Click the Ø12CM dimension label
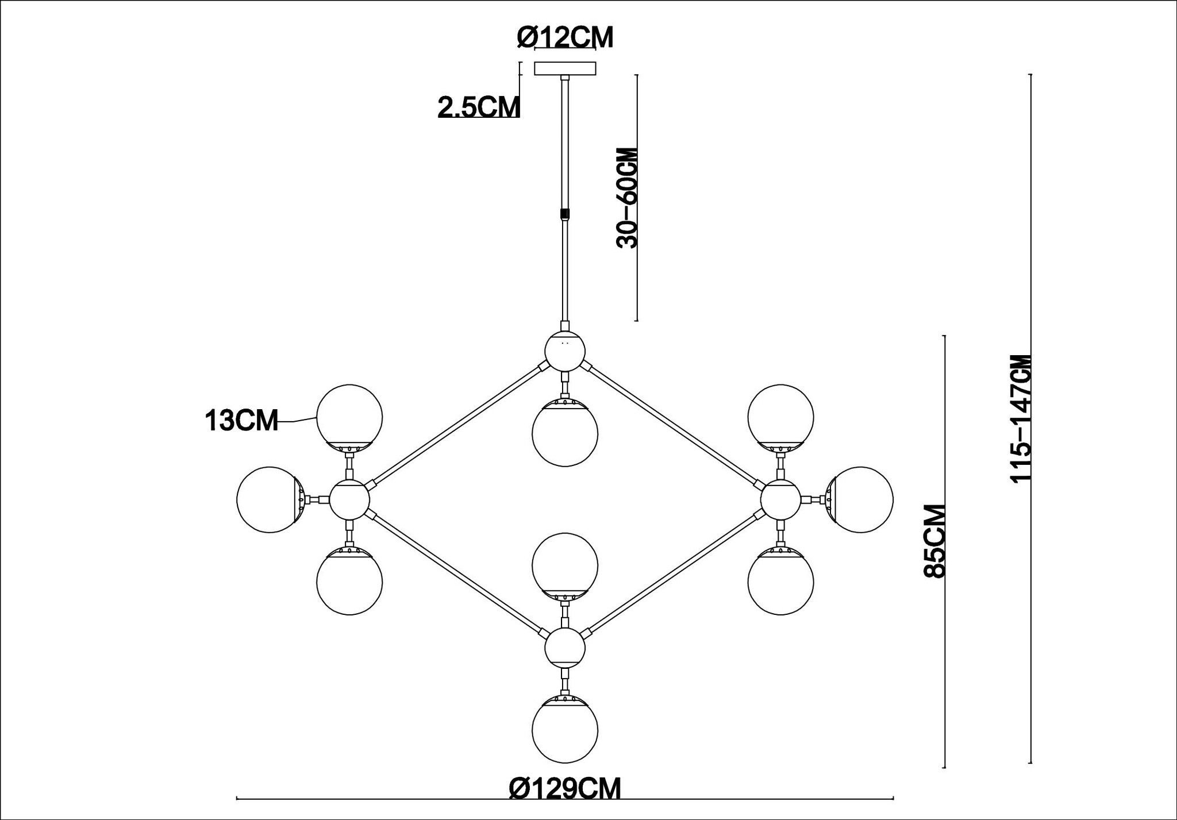pos(565,38)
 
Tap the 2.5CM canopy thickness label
pos(479,107)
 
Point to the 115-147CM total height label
pos(1021,419)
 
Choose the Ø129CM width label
pos(565,788)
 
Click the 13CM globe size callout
pos(241,421)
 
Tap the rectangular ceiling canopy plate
pos(565,69)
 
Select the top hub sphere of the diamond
pos(565,350)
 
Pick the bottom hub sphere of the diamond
pos(565,648)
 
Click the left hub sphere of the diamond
pos(349,499)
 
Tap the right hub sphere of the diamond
pos(780,499)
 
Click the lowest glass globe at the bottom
pos(565,729)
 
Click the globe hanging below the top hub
pos(565,433)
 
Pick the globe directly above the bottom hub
pos(565,565)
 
